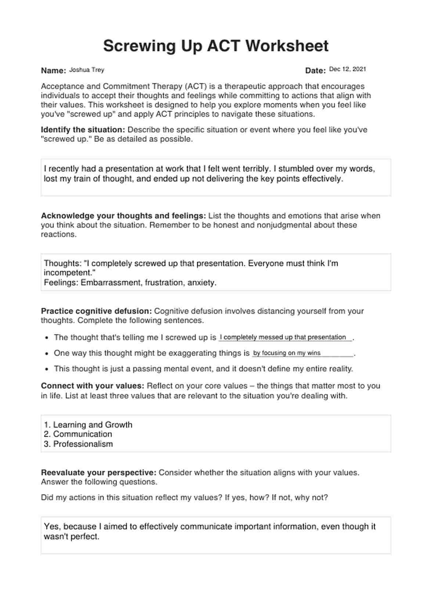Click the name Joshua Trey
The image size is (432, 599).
point(87,70)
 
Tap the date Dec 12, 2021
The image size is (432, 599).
point(348,69)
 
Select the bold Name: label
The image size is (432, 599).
point(53,71)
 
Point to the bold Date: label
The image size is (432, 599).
point(315,71)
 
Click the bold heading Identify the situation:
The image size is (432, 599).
point(83,130)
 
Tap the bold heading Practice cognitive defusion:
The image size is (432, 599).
point(96,311)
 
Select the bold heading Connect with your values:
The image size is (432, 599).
point(92,386)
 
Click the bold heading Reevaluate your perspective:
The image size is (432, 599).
point(98,473)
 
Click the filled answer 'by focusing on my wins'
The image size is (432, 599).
point(287,353)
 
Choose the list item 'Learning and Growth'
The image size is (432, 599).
point(93,425)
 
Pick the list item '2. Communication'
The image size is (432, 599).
point(78,434)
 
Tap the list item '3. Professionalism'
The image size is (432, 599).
point(78,444)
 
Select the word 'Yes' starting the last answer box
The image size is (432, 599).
point(52,527)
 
